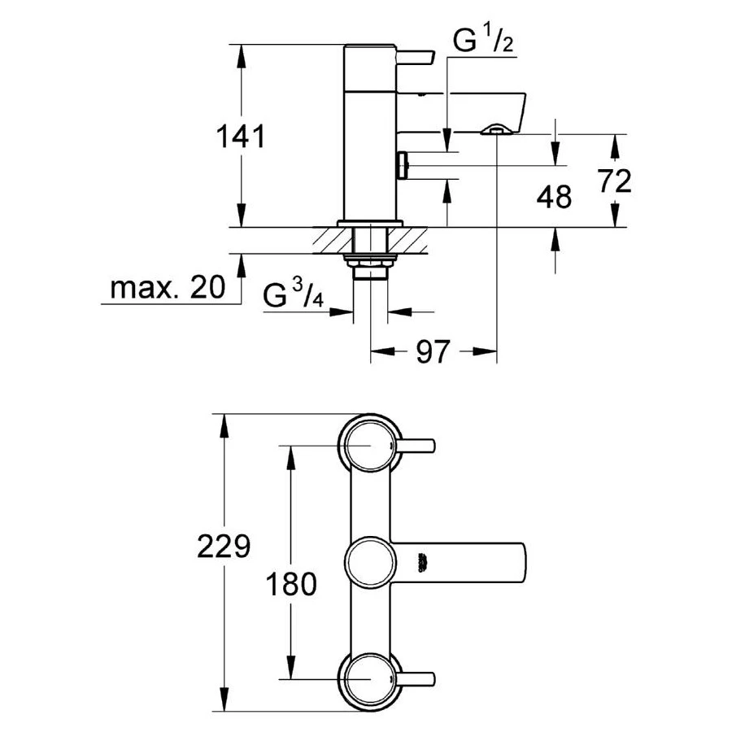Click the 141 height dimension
(x=242, y=136)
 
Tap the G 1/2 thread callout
(x=482, y=41)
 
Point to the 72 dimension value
(x=614, y=181)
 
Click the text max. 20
(x=168, y=287)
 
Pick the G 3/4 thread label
(x=294, y=296)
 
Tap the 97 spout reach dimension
(x=433, y=353)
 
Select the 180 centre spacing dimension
(x=290, y=584)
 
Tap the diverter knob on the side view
(x=403, y=165)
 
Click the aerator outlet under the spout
(x=495, y=129)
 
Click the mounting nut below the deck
(x=369, y=261)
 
